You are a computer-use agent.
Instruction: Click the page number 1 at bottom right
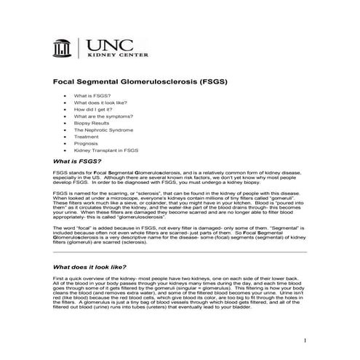[306, 340]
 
